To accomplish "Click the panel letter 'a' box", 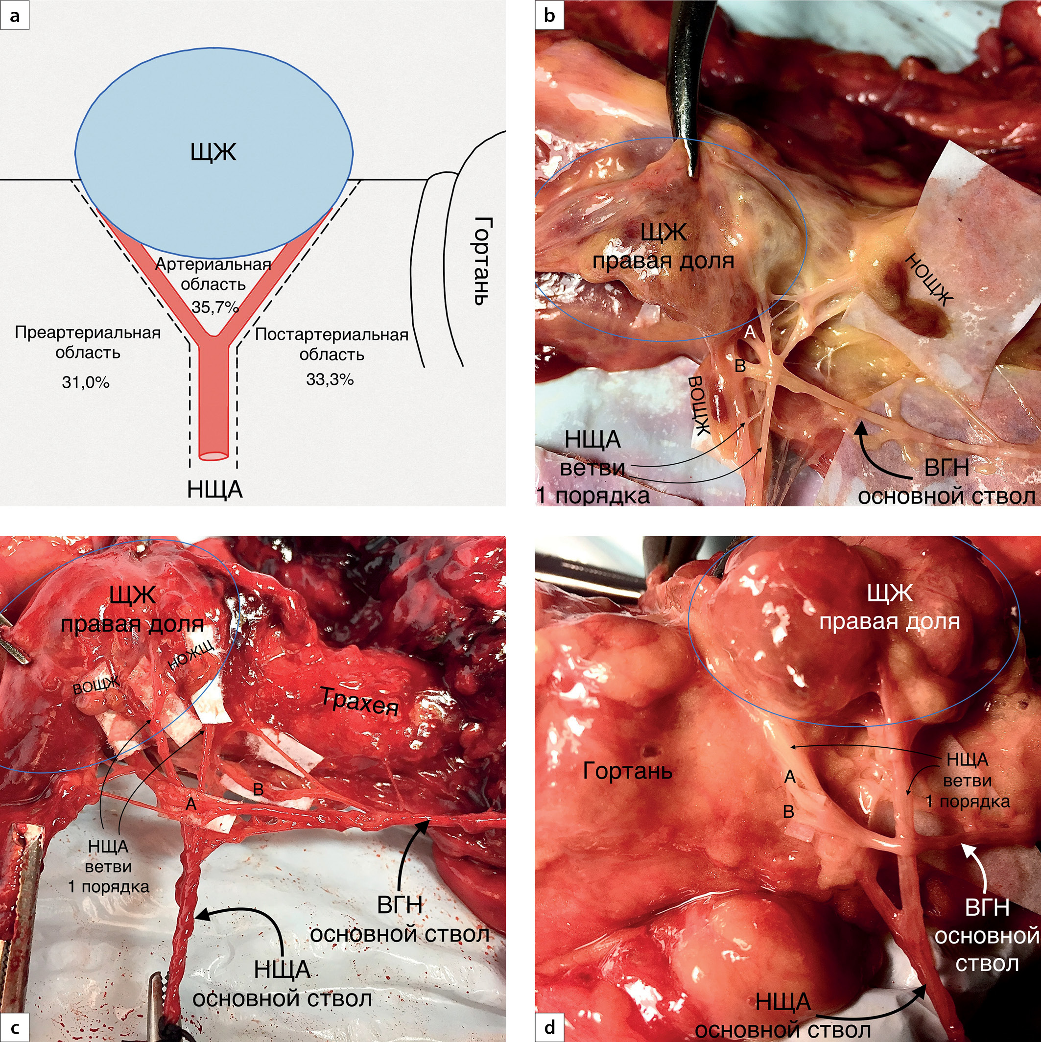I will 15,16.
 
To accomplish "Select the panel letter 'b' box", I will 549,16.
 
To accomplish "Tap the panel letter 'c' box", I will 15,1027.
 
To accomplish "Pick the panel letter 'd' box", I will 549,1027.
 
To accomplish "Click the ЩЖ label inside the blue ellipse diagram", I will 213,152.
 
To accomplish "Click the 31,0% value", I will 86,382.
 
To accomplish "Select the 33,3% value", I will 330,379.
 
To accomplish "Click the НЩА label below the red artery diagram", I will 214,490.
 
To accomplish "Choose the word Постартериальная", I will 331,334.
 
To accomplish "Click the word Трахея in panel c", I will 360,702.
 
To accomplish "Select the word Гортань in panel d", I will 627,772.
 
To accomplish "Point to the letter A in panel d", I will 790,777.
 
